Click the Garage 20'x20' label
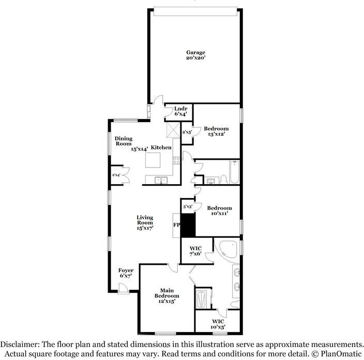196,55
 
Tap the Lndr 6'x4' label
180,111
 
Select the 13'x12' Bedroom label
216,131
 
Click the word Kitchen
161,148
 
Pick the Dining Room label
124,141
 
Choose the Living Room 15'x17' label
146,223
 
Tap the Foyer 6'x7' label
126,274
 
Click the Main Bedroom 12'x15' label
166,296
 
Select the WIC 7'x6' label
195,250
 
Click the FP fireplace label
176,226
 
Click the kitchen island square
154,161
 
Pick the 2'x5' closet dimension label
187,132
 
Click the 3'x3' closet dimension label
188,207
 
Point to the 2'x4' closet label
117,175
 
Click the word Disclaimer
23,344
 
